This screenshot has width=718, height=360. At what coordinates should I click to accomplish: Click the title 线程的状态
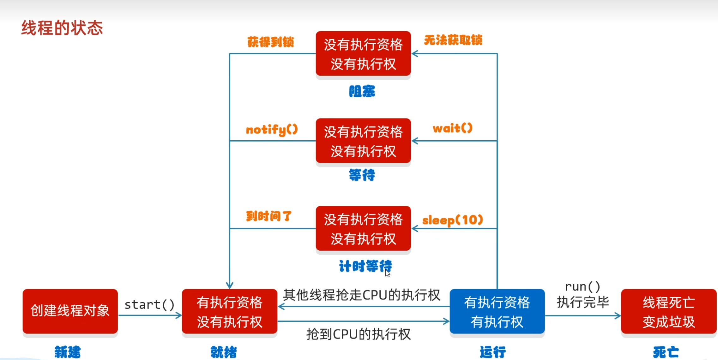(62, 28)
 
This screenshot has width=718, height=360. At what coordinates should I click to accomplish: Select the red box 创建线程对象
(70, 311)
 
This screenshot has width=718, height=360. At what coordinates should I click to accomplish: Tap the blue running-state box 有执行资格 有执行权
(497, 311)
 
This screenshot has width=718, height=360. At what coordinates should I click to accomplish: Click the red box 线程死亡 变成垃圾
(668, 311)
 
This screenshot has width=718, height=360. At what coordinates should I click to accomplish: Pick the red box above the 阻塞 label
(363, 53)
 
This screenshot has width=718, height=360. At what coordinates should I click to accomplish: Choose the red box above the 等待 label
(363, 141)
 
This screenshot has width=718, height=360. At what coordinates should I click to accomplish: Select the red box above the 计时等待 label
(363, 228)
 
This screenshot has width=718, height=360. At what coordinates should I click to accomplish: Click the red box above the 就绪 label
(230, 311)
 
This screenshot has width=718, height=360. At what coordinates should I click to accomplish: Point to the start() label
(149, 305)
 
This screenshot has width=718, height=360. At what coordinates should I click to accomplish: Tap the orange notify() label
(272, 129)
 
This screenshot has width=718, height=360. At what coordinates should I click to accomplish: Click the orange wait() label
(452, 128)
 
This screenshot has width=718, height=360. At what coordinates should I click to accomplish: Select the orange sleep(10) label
(452, 220)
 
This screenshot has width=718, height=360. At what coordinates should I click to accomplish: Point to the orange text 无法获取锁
(453, 40)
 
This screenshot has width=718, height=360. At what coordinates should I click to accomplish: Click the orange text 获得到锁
(270, 42)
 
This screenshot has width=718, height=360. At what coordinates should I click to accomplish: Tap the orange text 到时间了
(269, 216)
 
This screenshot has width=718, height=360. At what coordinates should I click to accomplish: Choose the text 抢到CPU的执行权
(359, 334)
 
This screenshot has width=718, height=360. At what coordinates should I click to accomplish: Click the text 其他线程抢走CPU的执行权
(361, 295)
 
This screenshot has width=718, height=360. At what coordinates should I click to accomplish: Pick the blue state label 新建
(67, 352)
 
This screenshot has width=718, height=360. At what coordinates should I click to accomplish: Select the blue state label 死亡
(666, 352)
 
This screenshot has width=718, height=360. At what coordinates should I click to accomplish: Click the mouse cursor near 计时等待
(387, 273)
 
